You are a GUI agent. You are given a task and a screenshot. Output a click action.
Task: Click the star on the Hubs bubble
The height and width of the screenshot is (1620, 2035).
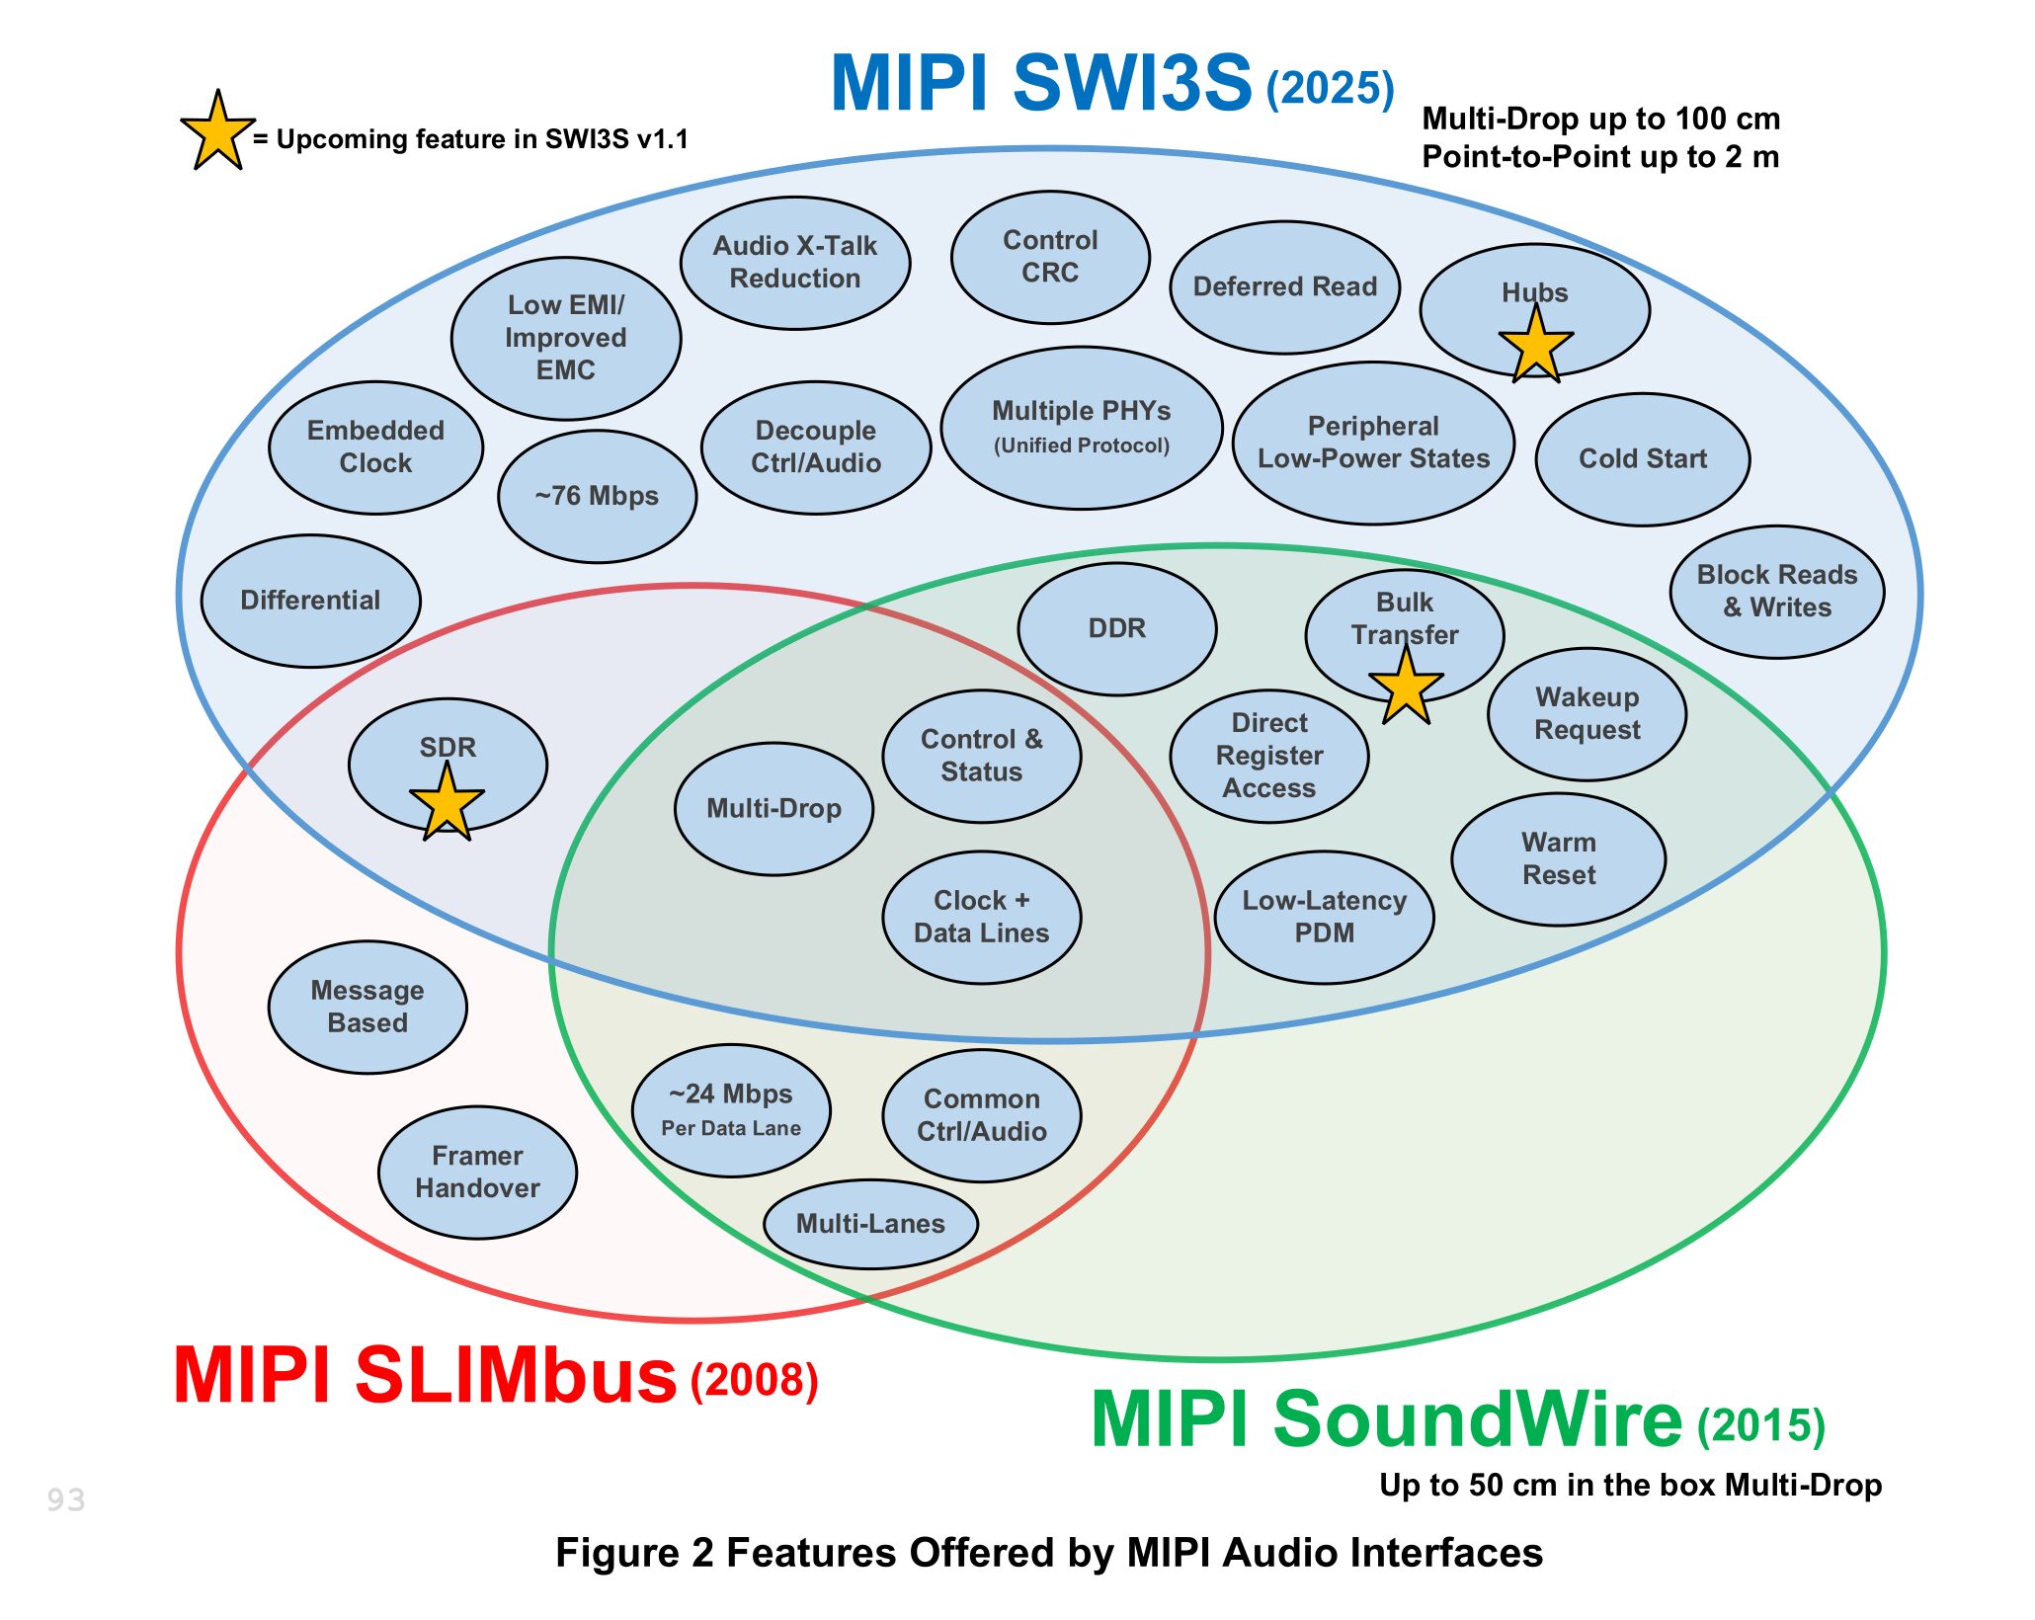1535,346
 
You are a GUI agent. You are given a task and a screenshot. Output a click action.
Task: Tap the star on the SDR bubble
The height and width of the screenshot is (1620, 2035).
447,803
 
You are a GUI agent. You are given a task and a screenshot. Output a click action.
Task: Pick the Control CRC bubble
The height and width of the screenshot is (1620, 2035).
1050,257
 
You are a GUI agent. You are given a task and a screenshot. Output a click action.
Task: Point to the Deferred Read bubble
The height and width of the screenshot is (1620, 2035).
1284,286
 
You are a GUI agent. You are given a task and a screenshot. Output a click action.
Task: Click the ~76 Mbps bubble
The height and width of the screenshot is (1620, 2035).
597,496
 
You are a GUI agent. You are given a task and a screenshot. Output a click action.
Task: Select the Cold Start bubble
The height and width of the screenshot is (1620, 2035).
1642,458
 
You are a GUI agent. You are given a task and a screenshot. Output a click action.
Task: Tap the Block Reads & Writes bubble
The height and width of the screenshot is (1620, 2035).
1776,591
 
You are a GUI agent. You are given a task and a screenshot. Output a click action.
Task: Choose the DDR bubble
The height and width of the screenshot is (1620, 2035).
1116,628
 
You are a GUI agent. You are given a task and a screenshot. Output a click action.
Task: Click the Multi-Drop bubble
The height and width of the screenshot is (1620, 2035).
773,808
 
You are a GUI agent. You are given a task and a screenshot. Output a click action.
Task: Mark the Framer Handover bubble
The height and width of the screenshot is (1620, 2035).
477,1172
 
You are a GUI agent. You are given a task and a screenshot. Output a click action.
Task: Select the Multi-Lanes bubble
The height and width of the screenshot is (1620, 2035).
870,1224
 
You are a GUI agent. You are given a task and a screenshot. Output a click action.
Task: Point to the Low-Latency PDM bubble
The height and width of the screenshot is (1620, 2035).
1324,917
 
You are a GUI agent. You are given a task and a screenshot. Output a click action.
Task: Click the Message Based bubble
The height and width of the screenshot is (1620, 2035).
367,1007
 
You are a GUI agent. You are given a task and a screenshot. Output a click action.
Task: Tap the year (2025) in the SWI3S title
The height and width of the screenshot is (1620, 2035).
1330,89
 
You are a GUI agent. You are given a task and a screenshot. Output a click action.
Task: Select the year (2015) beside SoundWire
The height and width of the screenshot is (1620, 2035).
1760,1425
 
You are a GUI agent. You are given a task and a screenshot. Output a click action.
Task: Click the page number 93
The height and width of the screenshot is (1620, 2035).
66,1499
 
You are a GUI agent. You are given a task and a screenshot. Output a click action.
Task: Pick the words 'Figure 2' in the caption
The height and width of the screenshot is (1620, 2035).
633,1553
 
